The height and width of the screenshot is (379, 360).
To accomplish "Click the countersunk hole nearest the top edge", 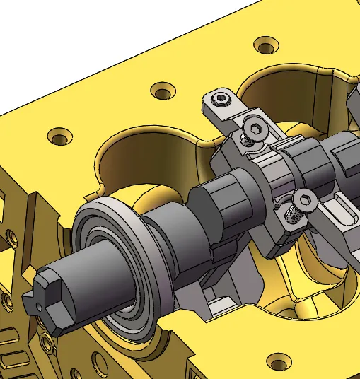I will point(265,45).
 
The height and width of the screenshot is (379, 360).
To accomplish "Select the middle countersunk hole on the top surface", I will point(163,91).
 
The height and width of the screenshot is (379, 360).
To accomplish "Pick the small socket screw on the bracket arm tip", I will point(222,98).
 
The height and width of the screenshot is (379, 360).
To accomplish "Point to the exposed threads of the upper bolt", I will point(247,141).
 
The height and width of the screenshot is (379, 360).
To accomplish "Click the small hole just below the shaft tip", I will point(47,344).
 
